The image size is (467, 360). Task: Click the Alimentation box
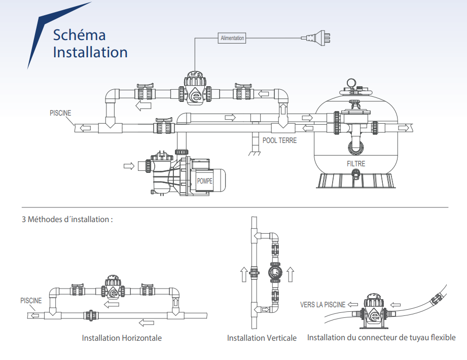[232, 38]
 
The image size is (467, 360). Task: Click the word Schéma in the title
[80, 35]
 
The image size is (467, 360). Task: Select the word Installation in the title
[90, 52]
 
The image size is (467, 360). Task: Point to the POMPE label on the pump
[205, 181]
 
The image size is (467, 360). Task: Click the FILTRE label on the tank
[356, 164]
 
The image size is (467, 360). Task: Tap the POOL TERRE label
[280, 140]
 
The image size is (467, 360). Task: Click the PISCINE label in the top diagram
[60, 113]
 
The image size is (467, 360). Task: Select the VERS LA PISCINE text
[322, 305]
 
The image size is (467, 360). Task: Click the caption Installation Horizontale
[122, 338]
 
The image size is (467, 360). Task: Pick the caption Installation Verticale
[262, 338]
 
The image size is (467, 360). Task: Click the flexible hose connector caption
[381, 337]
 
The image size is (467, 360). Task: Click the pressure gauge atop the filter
[350, 83]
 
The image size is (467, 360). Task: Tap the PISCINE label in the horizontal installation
[31, 301]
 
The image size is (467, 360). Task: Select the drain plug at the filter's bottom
[355, 175]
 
